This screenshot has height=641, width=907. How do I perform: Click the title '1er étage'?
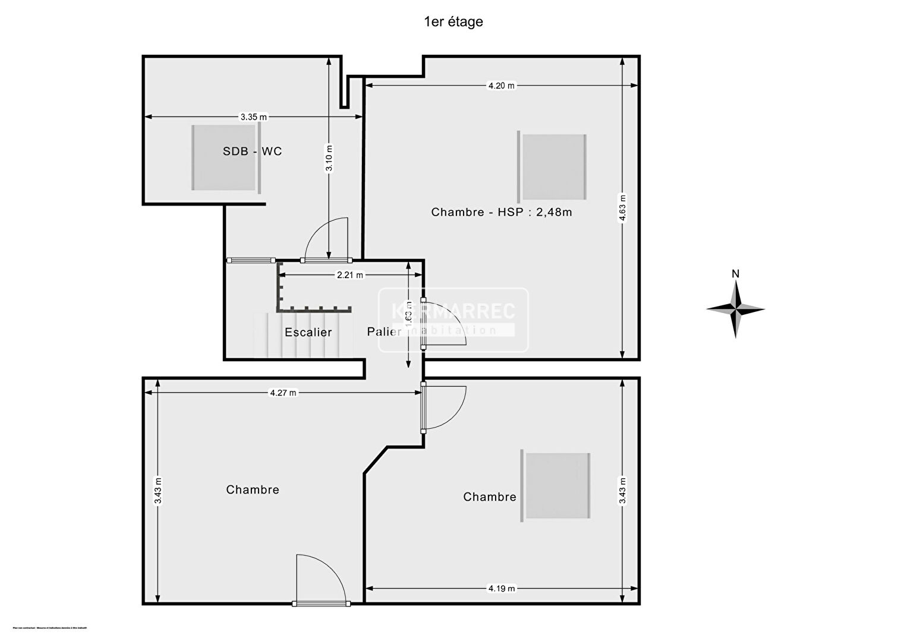coord(453,22)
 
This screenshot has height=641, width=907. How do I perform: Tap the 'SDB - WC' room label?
coord(252,151)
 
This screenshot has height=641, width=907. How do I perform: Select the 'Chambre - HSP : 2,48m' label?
coord(501,212)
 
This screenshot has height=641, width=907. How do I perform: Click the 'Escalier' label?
coord(308,333)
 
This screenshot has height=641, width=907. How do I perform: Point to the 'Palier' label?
coord(384,331)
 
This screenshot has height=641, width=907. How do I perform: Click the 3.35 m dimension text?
coord(253,117)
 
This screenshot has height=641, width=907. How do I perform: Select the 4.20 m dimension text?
coord(501,86)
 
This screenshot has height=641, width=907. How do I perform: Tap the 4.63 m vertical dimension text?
coord(622,208)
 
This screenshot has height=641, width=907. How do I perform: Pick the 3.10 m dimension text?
coord(329,159)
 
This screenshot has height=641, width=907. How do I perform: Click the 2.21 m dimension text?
coord(349,275)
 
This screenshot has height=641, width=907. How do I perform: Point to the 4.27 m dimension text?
coord(283,393)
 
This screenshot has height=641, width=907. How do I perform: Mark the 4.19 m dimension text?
coord(502,589)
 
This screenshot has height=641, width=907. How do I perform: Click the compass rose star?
coord(735,309)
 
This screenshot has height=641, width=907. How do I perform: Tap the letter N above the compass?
coord(735,274)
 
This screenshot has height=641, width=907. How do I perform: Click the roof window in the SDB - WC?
coord(226,158)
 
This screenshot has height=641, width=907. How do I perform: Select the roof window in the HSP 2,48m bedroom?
coord(553,167)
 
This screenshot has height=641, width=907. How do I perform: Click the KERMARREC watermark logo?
coord(453,319)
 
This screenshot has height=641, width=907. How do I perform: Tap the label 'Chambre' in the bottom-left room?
coord(253,490)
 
